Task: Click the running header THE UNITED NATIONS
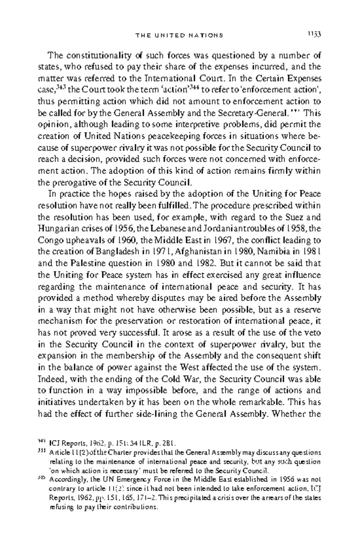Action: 179,35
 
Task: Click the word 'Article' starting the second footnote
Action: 60,453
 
